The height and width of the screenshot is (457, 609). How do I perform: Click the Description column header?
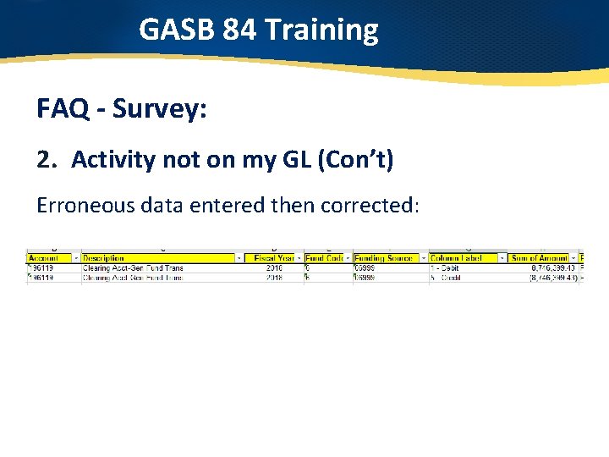tap(104, 257)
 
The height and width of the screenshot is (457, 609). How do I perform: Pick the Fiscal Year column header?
tap(274, 257)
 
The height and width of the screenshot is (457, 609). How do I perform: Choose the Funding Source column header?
tap(382, 257)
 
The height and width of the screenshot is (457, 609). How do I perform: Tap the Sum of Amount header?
tap(538, 257)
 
